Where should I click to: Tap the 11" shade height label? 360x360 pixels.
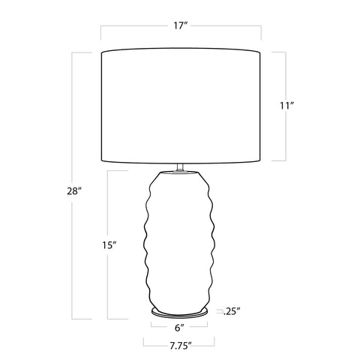pos(286,106)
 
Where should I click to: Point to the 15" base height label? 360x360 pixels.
pos(109,244)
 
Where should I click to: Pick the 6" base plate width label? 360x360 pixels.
pos(180,327)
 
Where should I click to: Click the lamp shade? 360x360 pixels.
pos(181,105)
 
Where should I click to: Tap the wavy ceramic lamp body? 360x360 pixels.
pos(180,240)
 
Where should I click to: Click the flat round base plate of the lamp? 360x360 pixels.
pos(180,310)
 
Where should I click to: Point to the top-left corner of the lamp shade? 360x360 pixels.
pos(101,50)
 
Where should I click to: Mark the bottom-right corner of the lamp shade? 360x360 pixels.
pos(260,161)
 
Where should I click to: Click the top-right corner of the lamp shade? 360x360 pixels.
pos(260,50)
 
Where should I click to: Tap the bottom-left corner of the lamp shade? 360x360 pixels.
pos(101,161)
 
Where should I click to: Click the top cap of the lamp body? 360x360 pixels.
pos(180,173)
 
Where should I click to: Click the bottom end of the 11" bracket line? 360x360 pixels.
pos(286,160)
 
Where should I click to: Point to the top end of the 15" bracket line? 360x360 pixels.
pos(109,172)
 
